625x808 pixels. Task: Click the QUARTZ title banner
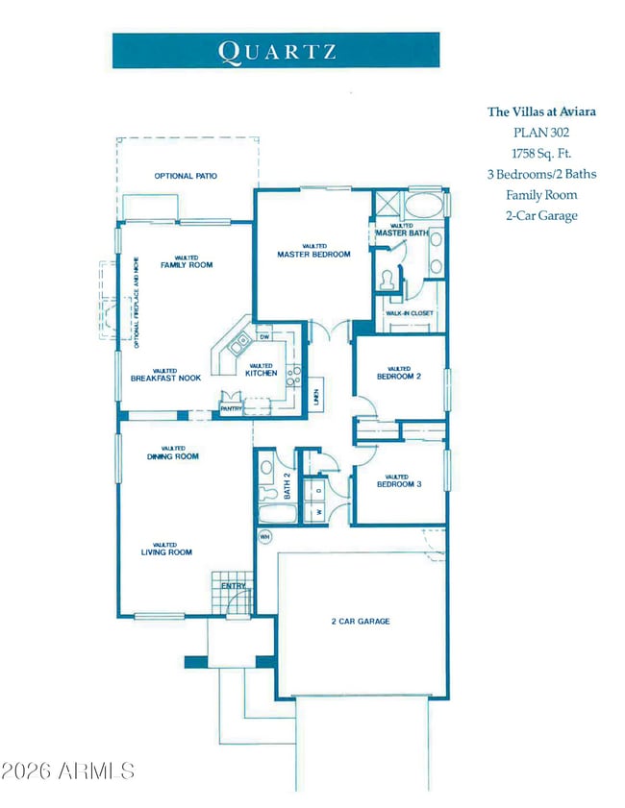pos(276,50)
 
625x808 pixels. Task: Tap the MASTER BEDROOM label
pos(313,255)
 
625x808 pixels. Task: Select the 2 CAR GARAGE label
pos(355,622)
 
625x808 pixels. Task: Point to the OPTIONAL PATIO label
pos(186,176)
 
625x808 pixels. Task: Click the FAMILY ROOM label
pos(187,264)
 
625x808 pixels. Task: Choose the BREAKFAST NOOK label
pos(165,378)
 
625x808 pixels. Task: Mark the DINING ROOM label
pos(173,456)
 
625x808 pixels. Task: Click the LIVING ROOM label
pos(166,552)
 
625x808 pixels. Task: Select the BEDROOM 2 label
pos(399,377)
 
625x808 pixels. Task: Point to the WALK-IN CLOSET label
pos(410,313)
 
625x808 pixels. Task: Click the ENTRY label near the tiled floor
pos(234,585)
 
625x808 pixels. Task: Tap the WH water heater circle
pos(265,535)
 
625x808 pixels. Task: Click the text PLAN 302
pos(540,133)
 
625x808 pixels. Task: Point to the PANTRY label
pos(231,409)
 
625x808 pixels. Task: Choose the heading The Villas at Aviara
pos(540,111)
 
